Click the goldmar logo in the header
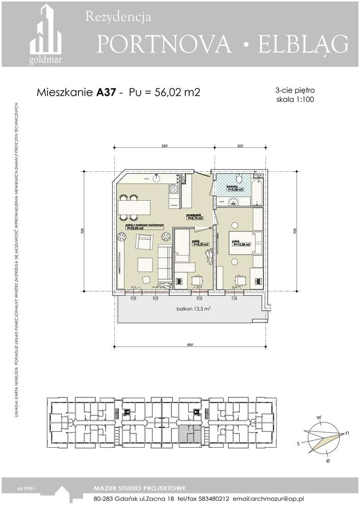(45, 36)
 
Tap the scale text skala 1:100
(294, 100)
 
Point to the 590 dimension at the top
(165, 146)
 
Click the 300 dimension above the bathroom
(240, 146)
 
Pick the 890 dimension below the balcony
(190, 345)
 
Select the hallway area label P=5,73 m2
(195, 218)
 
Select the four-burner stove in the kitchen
(173, 190)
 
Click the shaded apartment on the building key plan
(190, 434)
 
